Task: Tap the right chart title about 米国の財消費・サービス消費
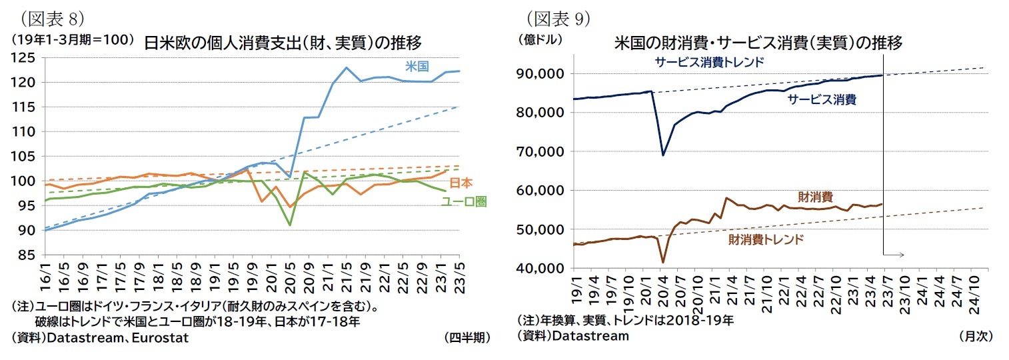click(758, 43)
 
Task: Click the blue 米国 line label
click(417, 66)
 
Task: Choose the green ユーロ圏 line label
click(464, 201)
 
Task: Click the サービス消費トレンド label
click(708, 61)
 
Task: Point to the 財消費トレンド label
click(766, 239)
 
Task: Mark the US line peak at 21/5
click(347, 67)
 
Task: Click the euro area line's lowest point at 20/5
click(290, 225)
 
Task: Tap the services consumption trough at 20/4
click(663, 155)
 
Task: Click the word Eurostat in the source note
click(163, 338)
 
